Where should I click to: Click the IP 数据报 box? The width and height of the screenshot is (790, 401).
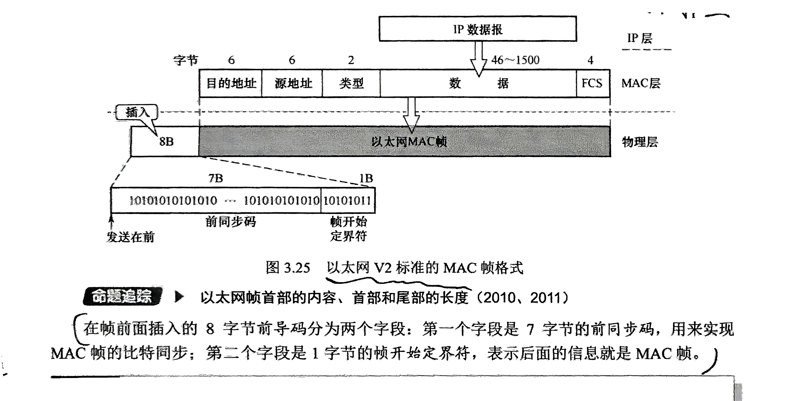coord(477,29)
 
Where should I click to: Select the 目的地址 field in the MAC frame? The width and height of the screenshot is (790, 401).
coord(231,83)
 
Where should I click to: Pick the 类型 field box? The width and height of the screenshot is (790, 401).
coord(351,83)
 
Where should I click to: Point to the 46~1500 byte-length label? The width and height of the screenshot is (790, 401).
coord(515,60)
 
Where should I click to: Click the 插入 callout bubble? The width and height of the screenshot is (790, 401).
coord(137,112)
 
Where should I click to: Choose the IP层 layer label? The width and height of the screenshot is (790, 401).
coord(639,38)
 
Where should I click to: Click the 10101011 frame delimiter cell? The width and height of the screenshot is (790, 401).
coord(347,200)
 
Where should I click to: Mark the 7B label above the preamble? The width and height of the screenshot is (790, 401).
coord(216,178)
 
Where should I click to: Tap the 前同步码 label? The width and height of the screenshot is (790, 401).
coord(231,222)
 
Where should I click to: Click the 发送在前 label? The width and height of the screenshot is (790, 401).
coord(131,237)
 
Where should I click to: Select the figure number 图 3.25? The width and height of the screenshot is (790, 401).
coord(288,268)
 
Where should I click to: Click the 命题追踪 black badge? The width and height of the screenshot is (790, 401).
coord(122,297)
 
